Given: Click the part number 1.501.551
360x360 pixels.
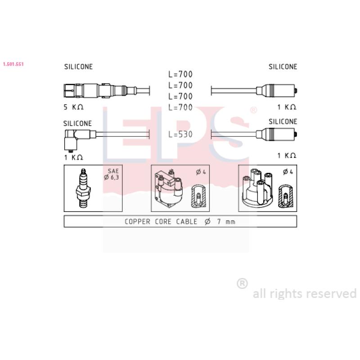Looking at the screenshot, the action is [x=13, y=64].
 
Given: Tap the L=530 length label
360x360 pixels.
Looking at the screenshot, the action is [x=180, y=134].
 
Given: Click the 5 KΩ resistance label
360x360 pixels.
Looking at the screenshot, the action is [x=73, y=107].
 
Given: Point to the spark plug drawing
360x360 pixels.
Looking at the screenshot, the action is [x=83, y=188].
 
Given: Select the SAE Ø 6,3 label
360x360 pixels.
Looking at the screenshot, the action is [x=112, y=174].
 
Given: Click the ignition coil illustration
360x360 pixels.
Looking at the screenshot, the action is [x=168, y=188].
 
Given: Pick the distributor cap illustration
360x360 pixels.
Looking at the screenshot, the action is [x=257, y=187].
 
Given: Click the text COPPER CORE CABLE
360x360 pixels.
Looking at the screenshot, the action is [x=161, y=221].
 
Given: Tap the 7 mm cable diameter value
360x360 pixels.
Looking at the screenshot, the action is [x=226, y=221].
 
